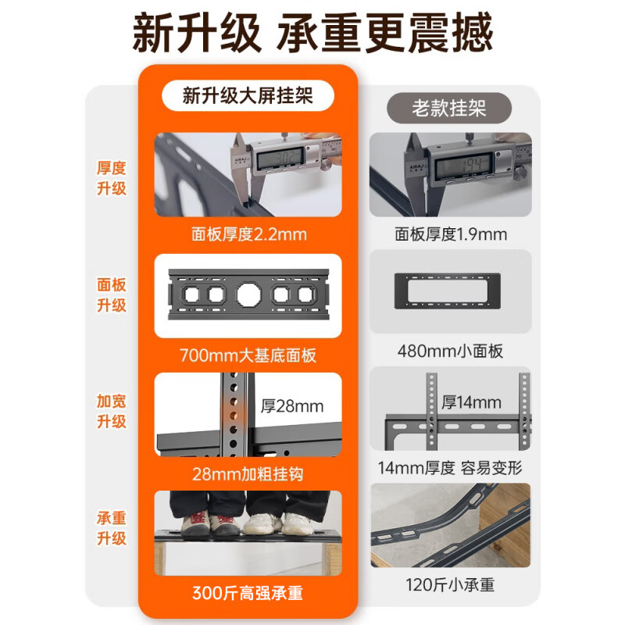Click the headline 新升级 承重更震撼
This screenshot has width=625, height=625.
[312, 35]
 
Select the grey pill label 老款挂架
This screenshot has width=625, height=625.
[449, 108]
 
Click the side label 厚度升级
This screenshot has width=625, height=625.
[112, 178]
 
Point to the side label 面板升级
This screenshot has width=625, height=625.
[112, 295]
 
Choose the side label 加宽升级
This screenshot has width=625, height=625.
[112, 411]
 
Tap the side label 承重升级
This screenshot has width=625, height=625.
[112, 528]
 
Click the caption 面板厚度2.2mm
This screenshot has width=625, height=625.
[248, 234]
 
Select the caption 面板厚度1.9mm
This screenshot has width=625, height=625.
[450, 234]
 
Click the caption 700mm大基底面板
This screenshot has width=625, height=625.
[248, 355]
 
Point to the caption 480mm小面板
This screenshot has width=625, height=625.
[450, 351]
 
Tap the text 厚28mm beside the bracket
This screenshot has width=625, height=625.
[291, 406]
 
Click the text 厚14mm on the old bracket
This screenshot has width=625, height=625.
[471, 403]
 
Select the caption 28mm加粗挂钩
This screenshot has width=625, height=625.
[248, 473]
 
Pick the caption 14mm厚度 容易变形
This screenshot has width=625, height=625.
[450, 468]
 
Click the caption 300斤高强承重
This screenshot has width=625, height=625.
[248, 593]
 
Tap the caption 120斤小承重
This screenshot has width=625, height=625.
[450, 584]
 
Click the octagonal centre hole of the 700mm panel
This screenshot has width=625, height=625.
[248, 295]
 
